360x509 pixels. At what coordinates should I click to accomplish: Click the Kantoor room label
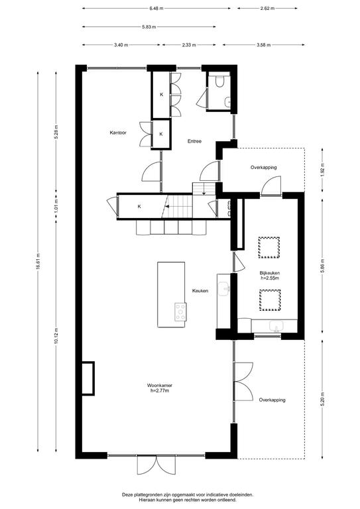[118, 133]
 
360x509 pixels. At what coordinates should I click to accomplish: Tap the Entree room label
[194, 141]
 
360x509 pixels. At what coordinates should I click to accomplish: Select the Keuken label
[200, 291]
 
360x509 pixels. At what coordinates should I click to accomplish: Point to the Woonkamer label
[159, 385]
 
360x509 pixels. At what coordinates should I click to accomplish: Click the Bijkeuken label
[269, 273]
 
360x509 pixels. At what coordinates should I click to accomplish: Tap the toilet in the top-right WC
[219, 81]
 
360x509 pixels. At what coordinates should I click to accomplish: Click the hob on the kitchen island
[180, 312]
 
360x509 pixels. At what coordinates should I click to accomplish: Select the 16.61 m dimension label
[38, 261]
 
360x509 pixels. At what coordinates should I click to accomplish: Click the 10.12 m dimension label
[56, 336]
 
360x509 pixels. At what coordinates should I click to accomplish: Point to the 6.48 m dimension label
[156, 9]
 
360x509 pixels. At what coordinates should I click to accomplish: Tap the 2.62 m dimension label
[267, 9]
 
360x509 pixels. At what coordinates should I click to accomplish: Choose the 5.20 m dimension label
[322, 400]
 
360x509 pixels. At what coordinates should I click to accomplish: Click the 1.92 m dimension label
[322, 170]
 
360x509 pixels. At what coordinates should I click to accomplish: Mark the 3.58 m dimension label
[263, 45]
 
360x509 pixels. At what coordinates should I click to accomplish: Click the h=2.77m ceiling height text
[159, 390]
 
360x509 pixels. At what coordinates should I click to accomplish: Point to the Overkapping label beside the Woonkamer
[272, 400]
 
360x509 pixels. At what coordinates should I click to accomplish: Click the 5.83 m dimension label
[149, 27]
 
